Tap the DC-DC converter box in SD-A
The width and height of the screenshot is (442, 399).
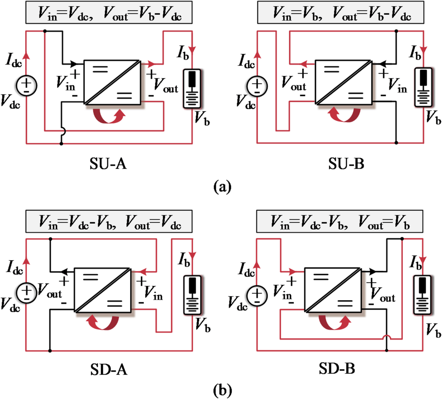[103, 290]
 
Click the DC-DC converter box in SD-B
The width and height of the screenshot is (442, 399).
[333, 290]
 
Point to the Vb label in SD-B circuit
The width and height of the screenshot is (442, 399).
[433, 330]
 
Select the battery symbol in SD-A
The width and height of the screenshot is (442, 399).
[193, 295]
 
